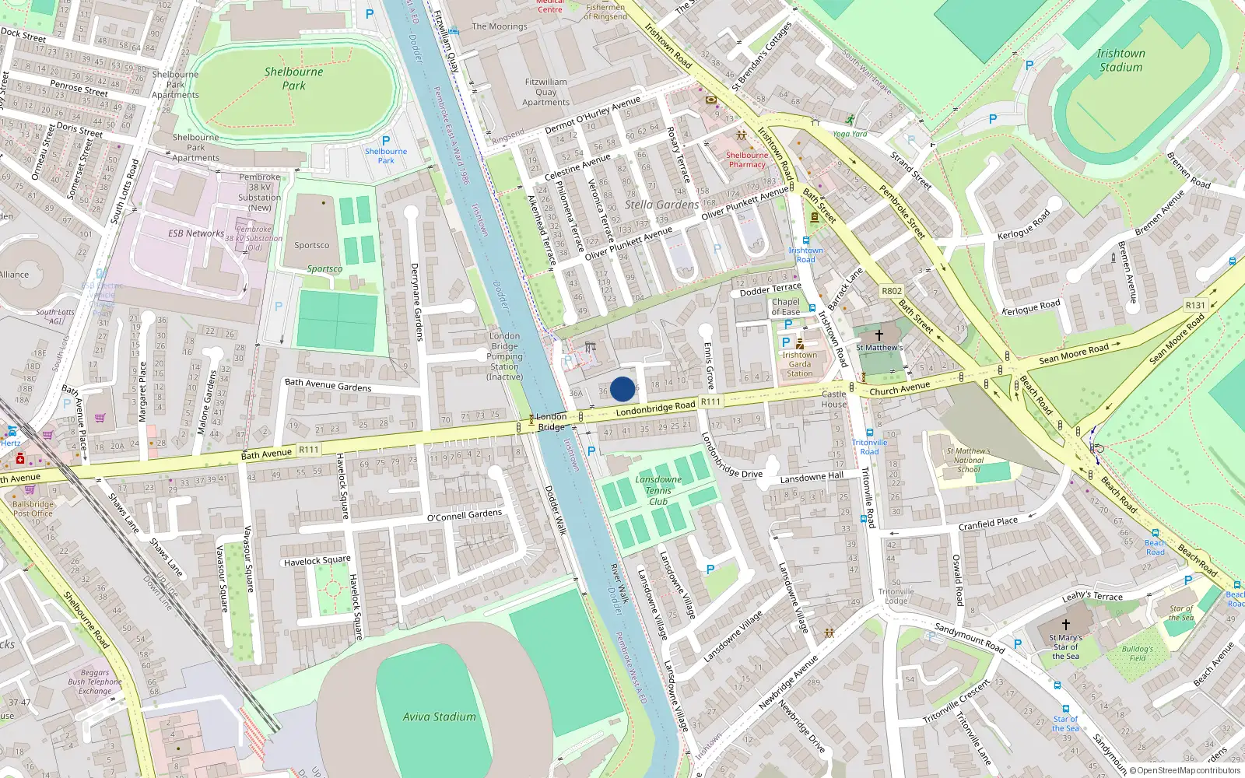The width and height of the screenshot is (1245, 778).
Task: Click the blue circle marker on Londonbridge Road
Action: click(622, 389)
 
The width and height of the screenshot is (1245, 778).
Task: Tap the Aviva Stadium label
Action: click(439, 717)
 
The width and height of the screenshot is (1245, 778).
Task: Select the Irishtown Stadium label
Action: click(1120, 60)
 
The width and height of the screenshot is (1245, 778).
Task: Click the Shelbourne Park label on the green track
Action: click(293, 78)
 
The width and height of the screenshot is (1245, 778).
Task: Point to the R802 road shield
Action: click(892, 291)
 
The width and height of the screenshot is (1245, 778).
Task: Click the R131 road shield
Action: click(1194, 305)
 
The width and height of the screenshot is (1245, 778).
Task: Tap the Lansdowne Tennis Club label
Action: click(658, 490)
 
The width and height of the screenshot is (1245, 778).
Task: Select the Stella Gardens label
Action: click(661, 205)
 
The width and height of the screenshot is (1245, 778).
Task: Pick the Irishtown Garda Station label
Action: click(799, 364)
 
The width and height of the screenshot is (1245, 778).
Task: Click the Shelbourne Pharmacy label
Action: click(746, 159)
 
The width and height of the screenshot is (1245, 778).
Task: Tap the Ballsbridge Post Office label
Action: click(33, 509)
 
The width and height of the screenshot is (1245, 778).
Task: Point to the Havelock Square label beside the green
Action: click(317, 561)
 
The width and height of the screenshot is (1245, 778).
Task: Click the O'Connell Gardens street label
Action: click(465, 515)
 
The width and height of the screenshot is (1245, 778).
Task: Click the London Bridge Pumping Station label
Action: click(504, 356)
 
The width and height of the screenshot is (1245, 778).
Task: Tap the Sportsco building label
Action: click(311, 245)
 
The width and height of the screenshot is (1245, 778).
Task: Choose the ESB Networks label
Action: click(196, 233)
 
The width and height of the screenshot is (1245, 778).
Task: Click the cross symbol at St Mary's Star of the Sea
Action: click(1066, 624)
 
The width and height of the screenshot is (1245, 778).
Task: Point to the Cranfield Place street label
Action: click(987, 524)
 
